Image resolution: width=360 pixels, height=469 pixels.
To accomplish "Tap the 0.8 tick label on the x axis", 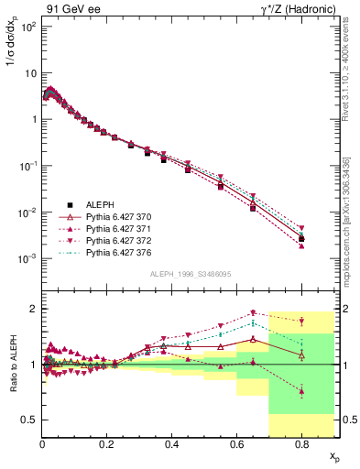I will [x=301, y=444].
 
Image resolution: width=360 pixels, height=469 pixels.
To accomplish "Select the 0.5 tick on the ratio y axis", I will [x=29, y=420].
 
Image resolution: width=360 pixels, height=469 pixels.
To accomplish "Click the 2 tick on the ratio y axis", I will [x=34, y=309].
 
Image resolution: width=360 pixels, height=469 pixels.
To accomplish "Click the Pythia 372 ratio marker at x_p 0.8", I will [x=301, y=321].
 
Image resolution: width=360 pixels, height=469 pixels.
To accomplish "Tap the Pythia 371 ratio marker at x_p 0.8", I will [x=301, y=391].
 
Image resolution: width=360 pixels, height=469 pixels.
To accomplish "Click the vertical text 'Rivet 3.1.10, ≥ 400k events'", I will [x=353, y=82].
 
